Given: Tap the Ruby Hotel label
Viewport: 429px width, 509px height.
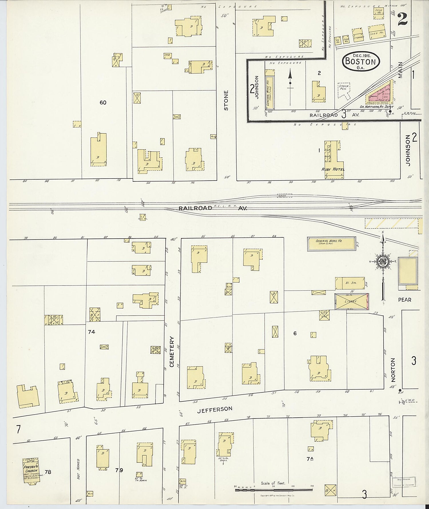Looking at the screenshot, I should click(333, 169).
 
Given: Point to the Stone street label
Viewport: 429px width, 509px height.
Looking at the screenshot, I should click(226, 100).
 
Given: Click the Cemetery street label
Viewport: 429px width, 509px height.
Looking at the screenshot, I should click(172, 352).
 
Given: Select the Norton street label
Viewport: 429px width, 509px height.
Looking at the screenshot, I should click(393, 370).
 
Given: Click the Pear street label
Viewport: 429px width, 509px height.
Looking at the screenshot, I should click(404, 300).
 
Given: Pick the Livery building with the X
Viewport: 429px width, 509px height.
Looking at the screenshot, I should click(351, 301).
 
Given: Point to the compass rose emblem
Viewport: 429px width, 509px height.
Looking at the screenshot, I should click(382, 262).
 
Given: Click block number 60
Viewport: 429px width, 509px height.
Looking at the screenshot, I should click(103, 102).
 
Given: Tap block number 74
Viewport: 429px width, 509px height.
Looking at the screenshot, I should click(92, 332).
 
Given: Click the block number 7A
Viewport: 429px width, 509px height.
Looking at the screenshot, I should click(310, 459).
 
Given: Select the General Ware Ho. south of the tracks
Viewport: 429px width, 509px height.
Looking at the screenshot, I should click(331, 243).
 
